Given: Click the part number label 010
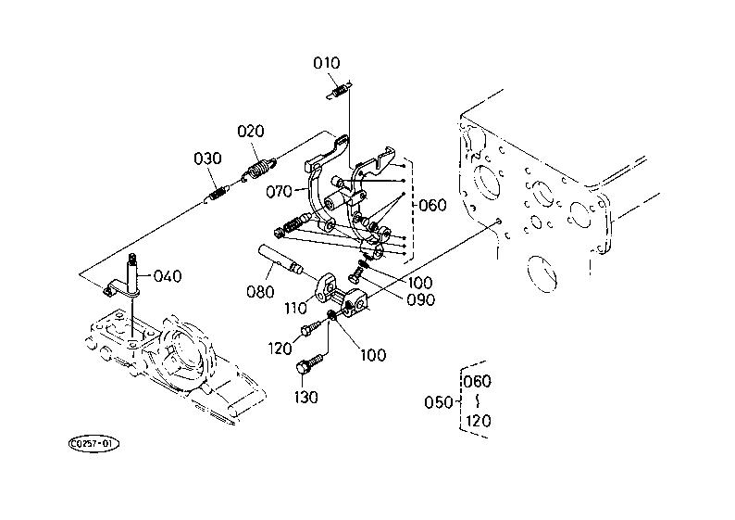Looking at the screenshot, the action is (x=326, y=63).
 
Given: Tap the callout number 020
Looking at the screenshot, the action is (x=251, y=131).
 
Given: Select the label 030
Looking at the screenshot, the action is (x=207, y=159).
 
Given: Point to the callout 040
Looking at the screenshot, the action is (x=168, y=276).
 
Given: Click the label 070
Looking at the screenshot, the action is (x=279, y=192).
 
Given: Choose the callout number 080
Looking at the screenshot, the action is (x=260, y=292).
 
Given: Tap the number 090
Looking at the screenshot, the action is (x=420, y=300).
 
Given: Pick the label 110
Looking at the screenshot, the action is (x=295, y=309).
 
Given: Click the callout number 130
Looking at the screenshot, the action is (x=306, y=398).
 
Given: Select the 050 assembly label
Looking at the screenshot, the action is (x=438, y=402).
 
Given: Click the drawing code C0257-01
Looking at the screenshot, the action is (x=93, y=444).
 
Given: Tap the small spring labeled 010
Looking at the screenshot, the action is (x=339, y=91).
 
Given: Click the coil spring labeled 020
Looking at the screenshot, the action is (x=259, y=170).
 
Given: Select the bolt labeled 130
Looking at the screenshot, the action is (x=310, y=363).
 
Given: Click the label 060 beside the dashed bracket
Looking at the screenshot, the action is (x=432, y=205).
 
